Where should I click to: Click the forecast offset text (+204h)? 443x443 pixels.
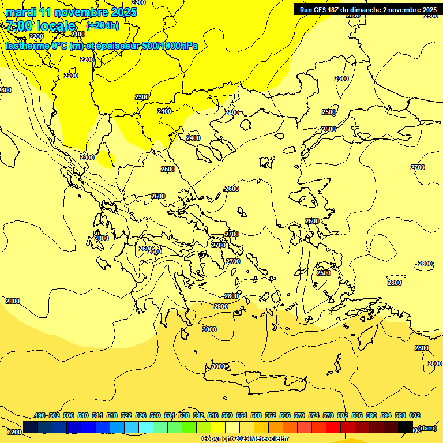pyautogui.click(x=103, y=25)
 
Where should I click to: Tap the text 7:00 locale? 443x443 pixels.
pyautogui.click(x=41, y=26)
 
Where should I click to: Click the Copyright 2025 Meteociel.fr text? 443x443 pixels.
pyautogui.click(x=245, y=439)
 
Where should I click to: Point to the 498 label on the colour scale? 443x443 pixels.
pyautogui.click(x=40, y=415)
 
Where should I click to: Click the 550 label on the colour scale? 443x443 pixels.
pyautogui.click(x=227, y=415)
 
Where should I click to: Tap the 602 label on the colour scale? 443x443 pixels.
pyautogui.click(x=415, y=415)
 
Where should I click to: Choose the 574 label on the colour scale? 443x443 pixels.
pyautogui.click(x=314, y=415)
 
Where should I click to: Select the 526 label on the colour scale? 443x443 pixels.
pyautogui.click(x=141, y=415)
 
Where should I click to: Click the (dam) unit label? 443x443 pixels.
pyautogui.click(x=427, y=428)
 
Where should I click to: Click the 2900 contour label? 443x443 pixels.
pyautogui.click(x=221, y=306)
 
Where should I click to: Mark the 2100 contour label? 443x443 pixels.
pyautogui.click(x=78, y=34)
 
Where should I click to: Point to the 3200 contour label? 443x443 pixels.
pyautogui.click(x=14, y=431)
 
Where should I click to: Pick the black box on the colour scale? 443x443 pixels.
pyautogui.click(x=405, y=427)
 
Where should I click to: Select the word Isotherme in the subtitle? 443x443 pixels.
pyautogui.click(x=27, y=46)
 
